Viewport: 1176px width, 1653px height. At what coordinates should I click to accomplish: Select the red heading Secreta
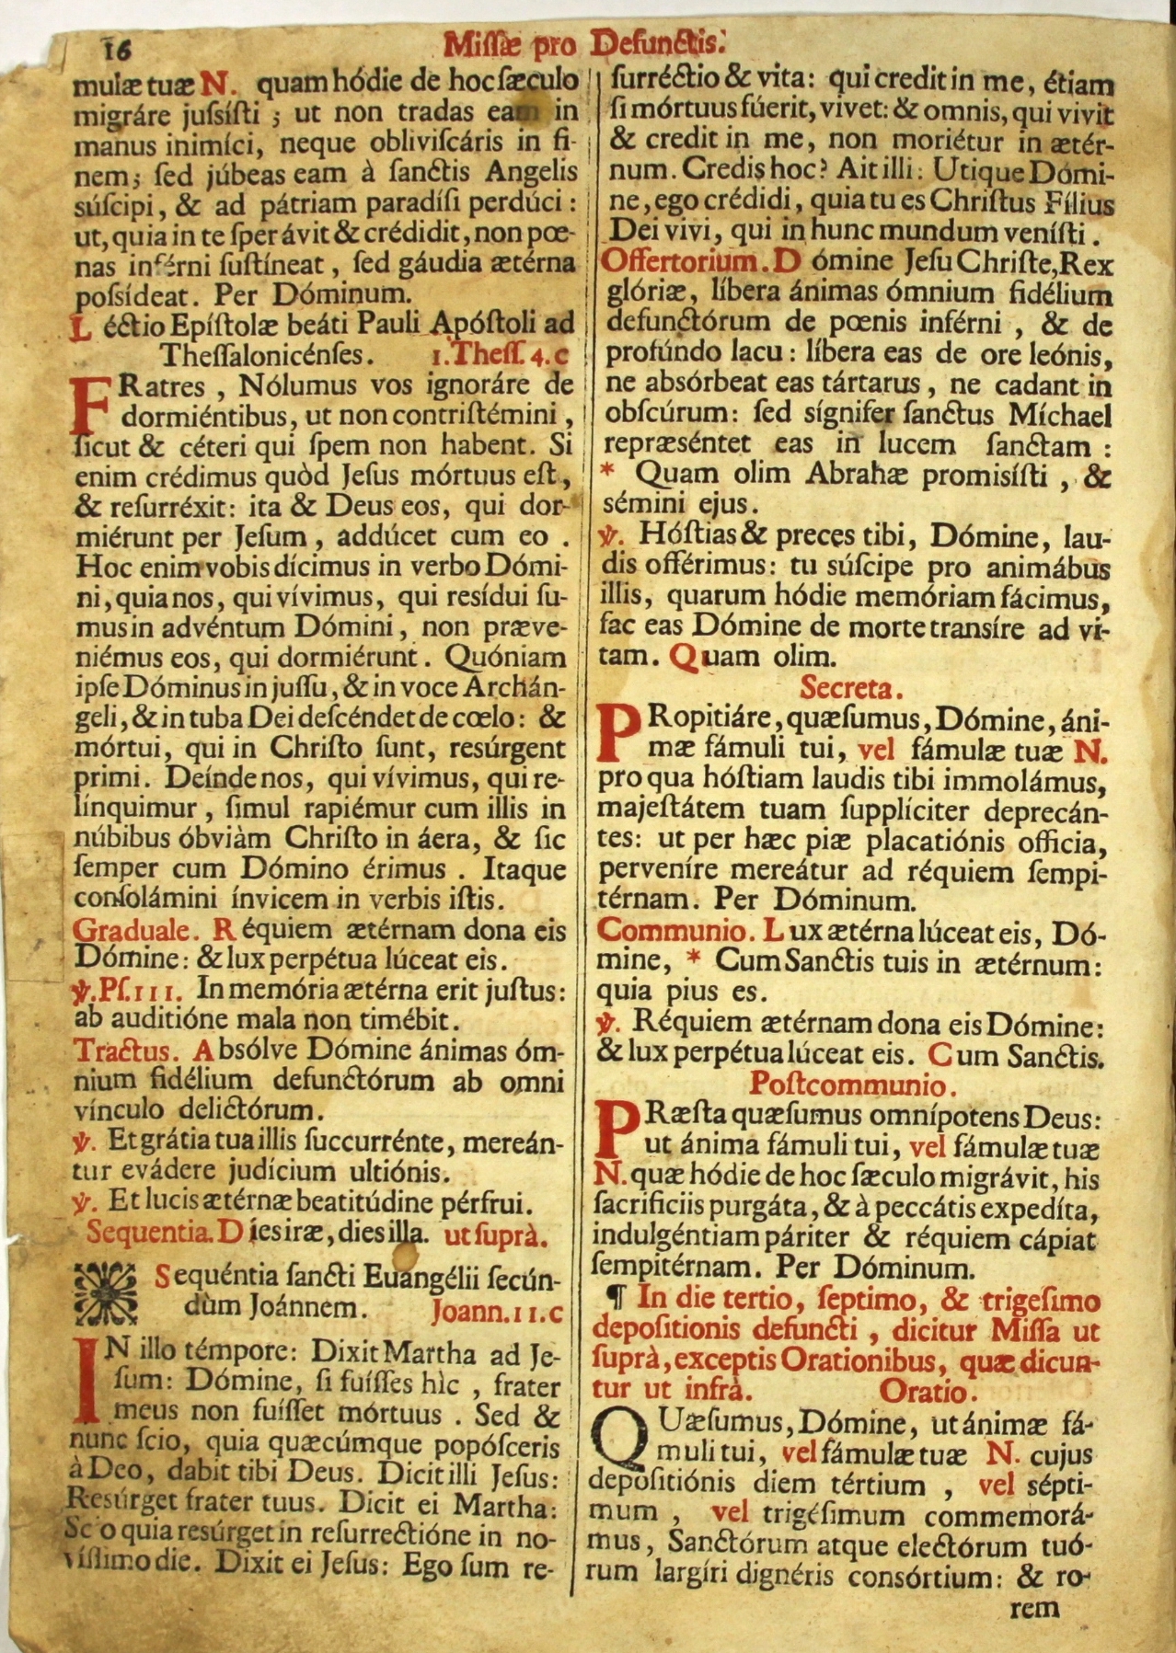click(x=851, y=687)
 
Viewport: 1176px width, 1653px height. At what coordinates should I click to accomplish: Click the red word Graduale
click(x=133, y=929)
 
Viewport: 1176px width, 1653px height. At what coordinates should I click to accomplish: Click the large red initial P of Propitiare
click(x=618, y=732)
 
